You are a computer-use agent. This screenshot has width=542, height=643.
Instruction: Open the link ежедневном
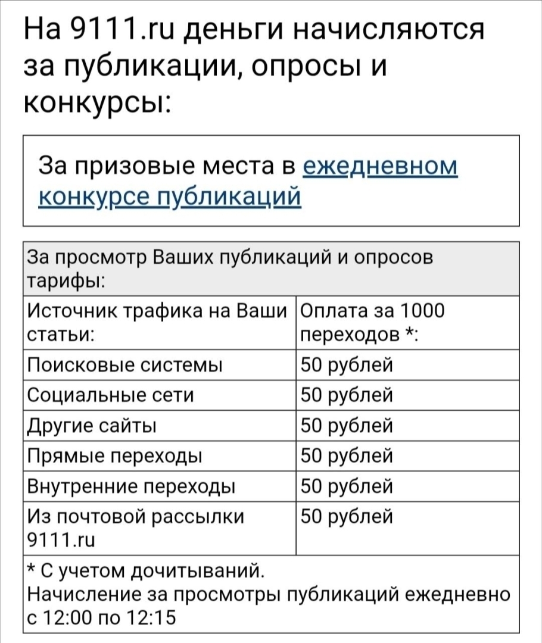pos(381,166)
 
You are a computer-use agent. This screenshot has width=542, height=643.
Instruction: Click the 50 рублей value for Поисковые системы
pos(347,365)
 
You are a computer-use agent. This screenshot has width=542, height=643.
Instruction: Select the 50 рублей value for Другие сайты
pos(347,426)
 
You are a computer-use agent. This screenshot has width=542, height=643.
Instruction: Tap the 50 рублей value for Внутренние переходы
pos(347,486)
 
